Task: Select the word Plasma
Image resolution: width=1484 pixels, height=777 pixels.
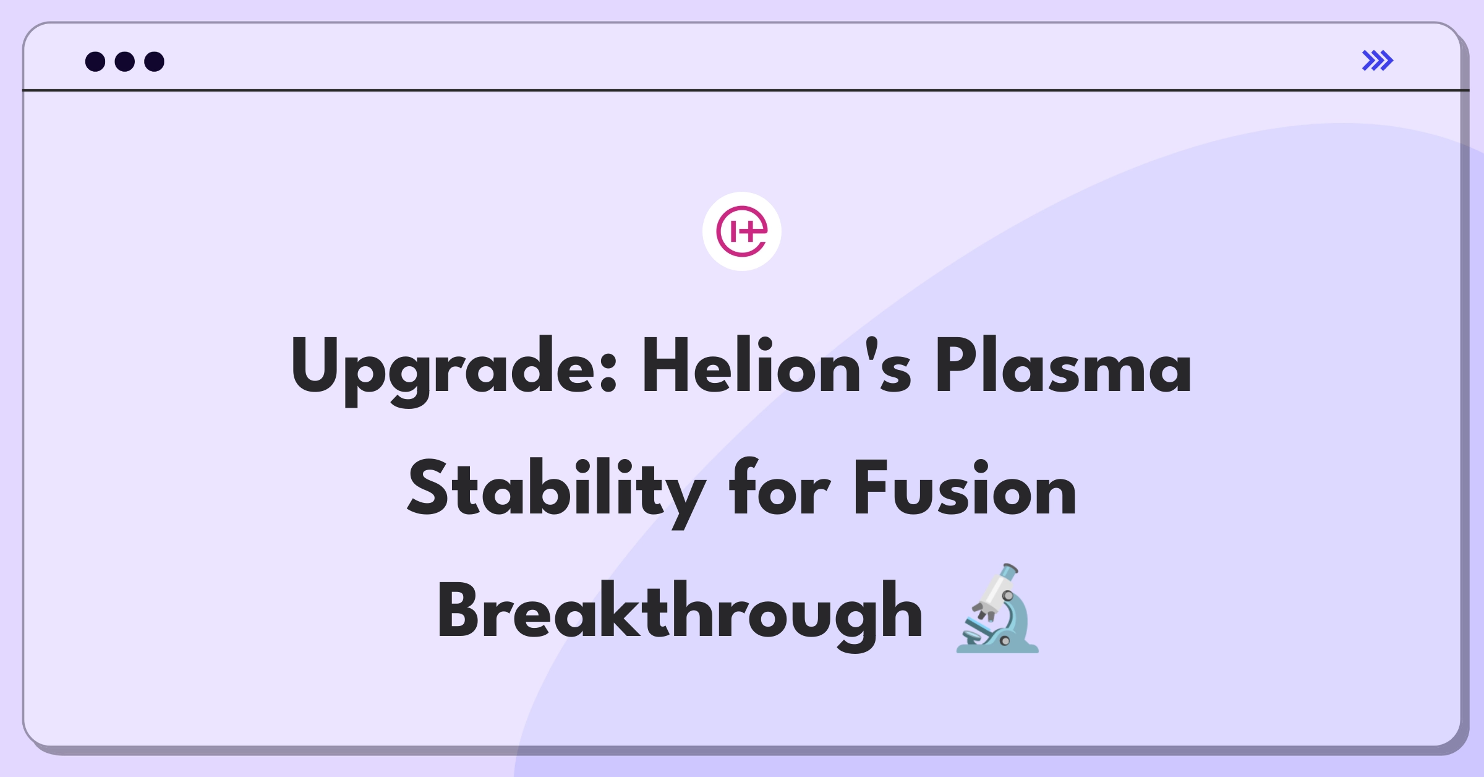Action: click(x=1063, y=366)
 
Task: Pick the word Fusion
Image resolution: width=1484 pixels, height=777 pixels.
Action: click(x=965, y=489)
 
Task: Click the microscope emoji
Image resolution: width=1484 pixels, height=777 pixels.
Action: click(x=997, y=609)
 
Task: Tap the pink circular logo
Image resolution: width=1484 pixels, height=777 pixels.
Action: click(x=741, y=231)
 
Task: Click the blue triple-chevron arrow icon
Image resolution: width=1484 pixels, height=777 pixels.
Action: click(x=1377, y=61)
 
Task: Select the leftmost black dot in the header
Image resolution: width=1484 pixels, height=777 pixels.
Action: click(x=95, y=62)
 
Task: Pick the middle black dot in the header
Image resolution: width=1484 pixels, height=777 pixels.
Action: click(x=125, y=62)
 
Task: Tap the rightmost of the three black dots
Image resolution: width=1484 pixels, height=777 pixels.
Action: click(x=155, y=62)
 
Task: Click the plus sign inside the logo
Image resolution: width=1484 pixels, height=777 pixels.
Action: click(x=750, y=233)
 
